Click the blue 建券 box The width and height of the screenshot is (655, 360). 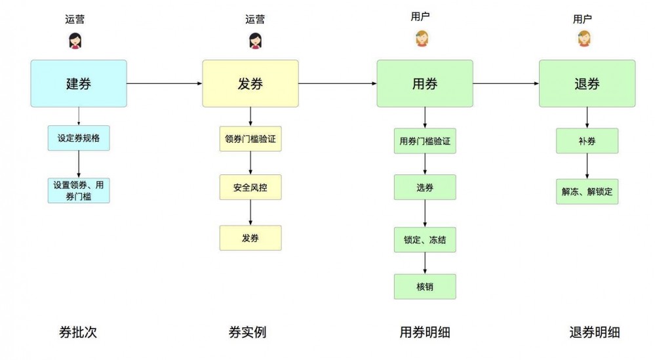pyautogui.click(x=78, y=83)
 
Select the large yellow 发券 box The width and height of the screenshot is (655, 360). pyautogui.click(x=250, y=83)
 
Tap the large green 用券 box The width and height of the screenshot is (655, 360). pyautogui.click(x=424, y=83)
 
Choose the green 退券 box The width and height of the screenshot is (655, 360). pyautogui.click(x=587, y=83)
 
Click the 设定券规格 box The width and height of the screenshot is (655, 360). pyautogui.click(x=79, y=138)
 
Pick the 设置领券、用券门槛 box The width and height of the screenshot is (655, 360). pyautogui.click(x=79, y=190)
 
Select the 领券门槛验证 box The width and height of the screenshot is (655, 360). pyautogui.click(x=250, y=139)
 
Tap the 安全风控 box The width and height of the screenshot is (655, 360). pyautogui.click(x=250, y=188)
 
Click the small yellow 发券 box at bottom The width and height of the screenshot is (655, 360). pyautogui.click(x=250, y=237)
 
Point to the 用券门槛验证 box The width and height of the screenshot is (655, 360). pyautogui.click(x=424, y=141)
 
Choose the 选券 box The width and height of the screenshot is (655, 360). pyautogui.click(x=424, y=188)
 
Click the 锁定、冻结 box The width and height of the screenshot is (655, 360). pyautogui.click(x=424, y=240)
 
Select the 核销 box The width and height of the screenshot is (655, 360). pyautogui.click(x=424, y=287)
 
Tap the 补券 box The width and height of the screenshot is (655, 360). pyautogui.click(x=587, y=141)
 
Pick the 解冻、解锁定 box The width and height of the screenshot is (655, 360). pyautogui.click(x=587, y=191)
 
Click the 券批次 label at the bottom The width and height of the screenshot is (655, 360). pyautogui.click(x=78, y=332)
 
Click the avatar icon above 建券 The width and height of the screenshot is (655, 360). pyautogui.click(x=75, y=41)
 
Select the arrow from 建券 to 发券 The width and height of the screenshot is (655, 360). pyautogui.click(x=164, y=83)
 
